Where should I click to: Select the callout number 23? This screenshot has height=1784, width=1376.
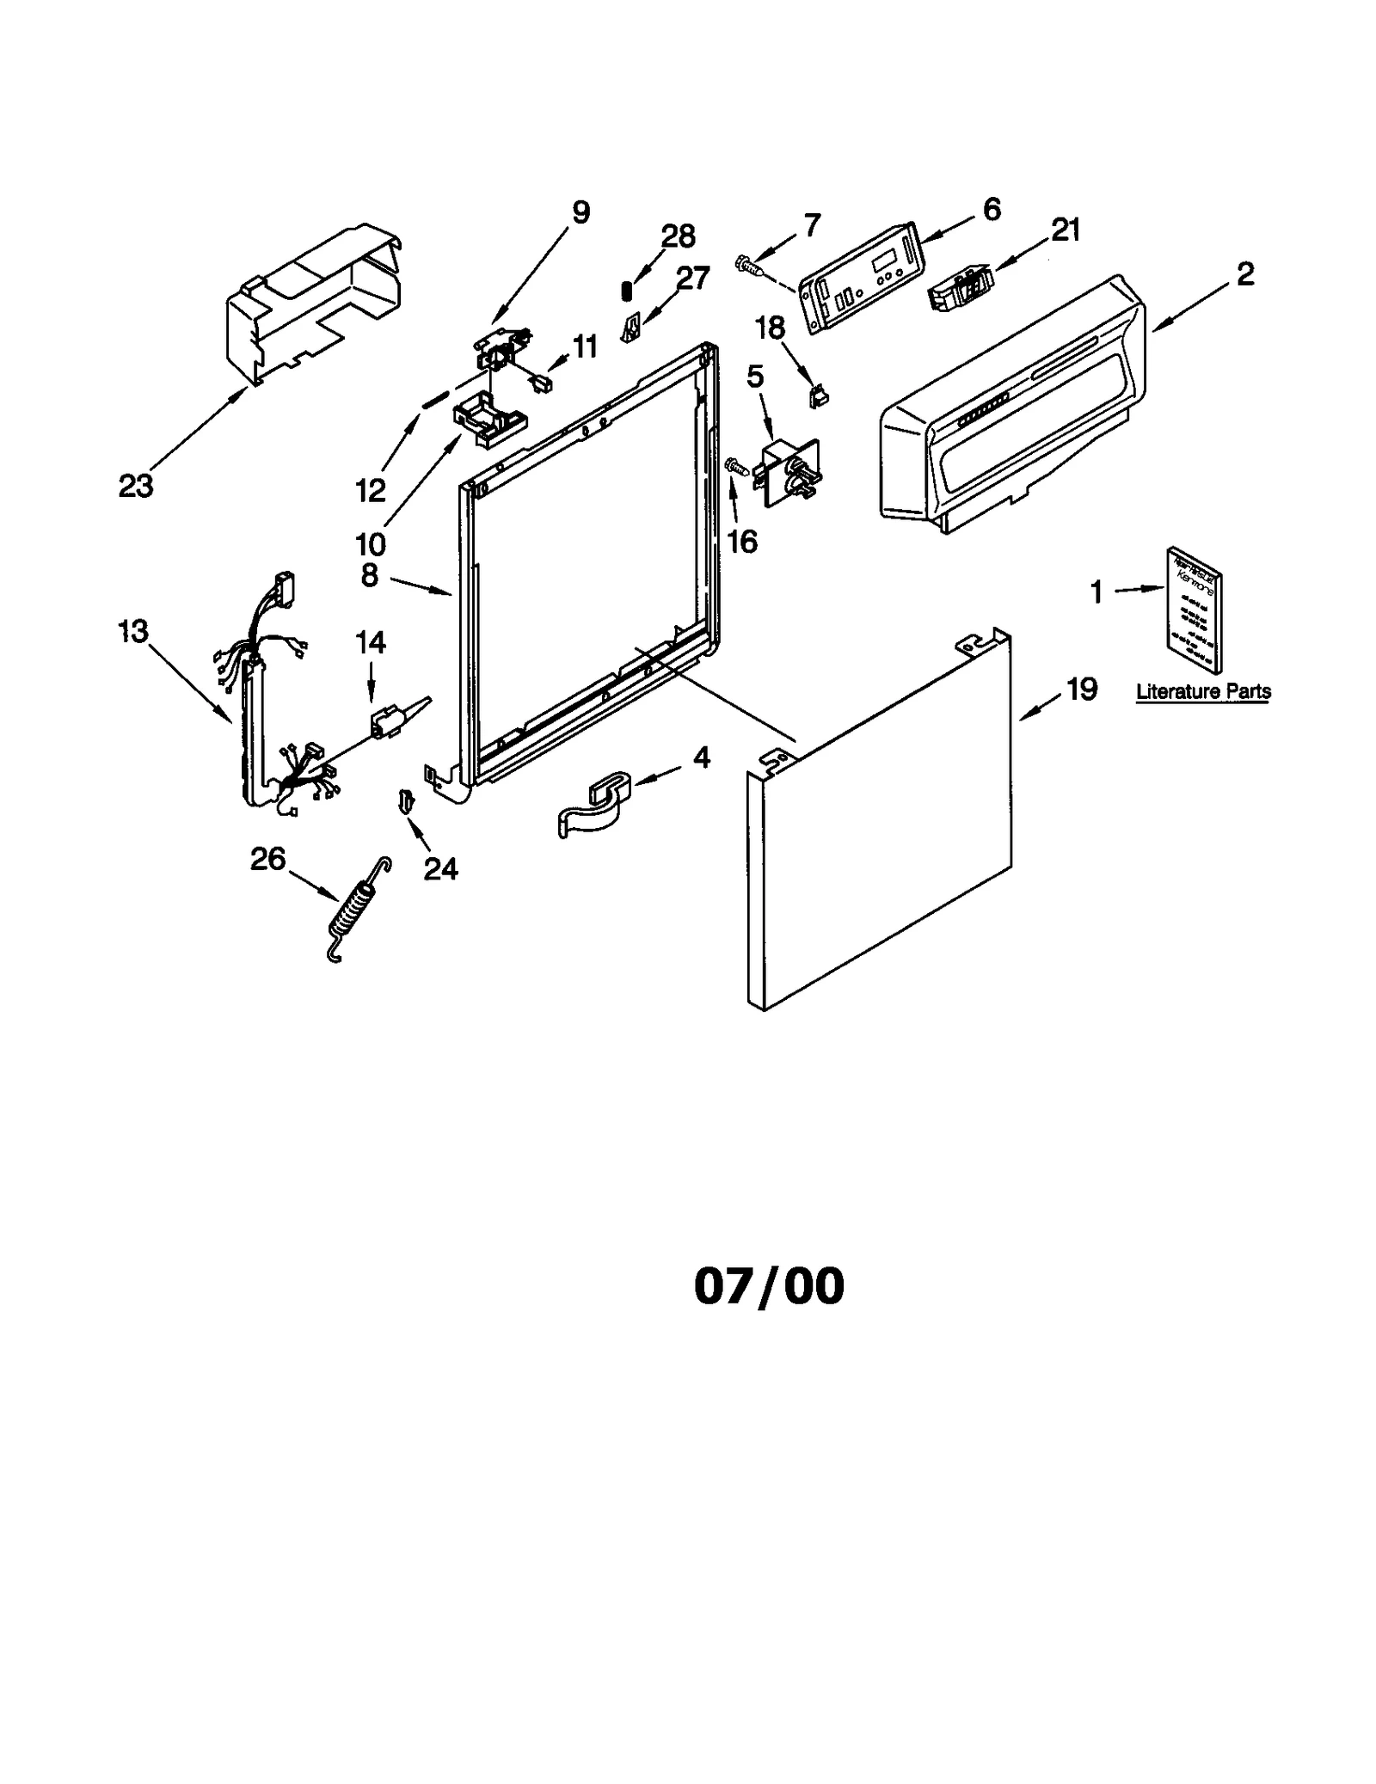coord(136,487)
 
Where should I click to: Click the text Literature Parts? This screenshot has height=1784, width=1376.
coord(1202,691)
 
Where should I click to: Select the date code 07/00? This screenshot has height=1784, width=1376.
coord(769,1287)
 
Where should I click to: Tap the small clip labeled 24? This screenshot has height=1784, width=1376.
coord(407,800)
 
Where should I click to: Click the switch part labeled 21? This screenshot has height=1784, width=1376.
coord(960,285)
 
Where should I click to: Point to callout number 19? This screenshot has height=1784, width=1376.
coord(1082,689)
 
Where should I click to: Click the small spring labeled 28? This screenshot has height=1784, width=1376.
coord(627,291)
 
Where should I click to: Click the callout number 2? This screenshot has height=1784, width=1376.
coord(1244,274)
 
